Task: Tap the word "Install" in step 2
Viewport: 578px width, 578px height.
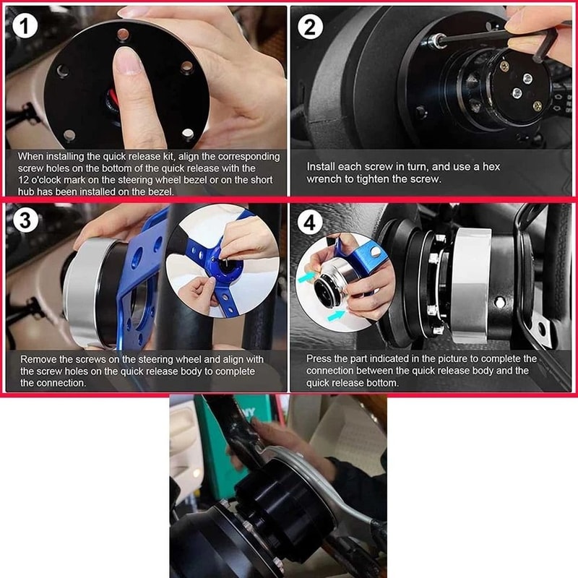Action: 322,166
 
